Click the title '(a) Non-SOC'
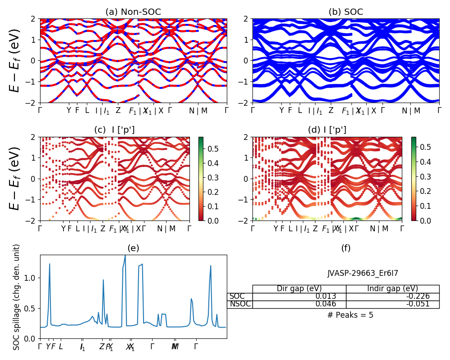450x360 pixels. tap(133, 12)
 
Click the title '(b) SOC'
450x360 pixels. tap(346, 12)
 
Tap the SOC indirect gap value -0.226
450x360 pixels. tap(417, 297)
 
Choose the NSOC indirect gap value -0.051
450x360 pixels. tap(417, 304)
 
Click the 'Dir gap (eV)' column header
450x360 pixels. tap(299, 289)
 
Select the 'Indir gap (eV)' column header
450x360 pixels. tap(392, 289)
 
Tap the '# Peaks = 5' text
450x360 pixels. tap(350, 315)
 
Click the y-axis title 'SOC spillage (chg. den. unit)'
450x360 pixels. tap(17, 297)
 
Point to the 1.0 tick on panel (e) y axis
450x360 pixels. tap(31, 278)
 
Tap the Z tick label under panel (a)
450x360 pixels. tap(118, 111)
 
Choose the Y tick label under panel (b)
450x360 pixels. tap(282, 111)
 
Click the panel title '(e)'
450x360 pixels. tap(133, 248)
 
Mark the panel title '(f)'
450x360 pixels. tap(346, 248)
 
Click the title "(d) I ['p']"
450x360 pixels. tap(327, 130)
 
